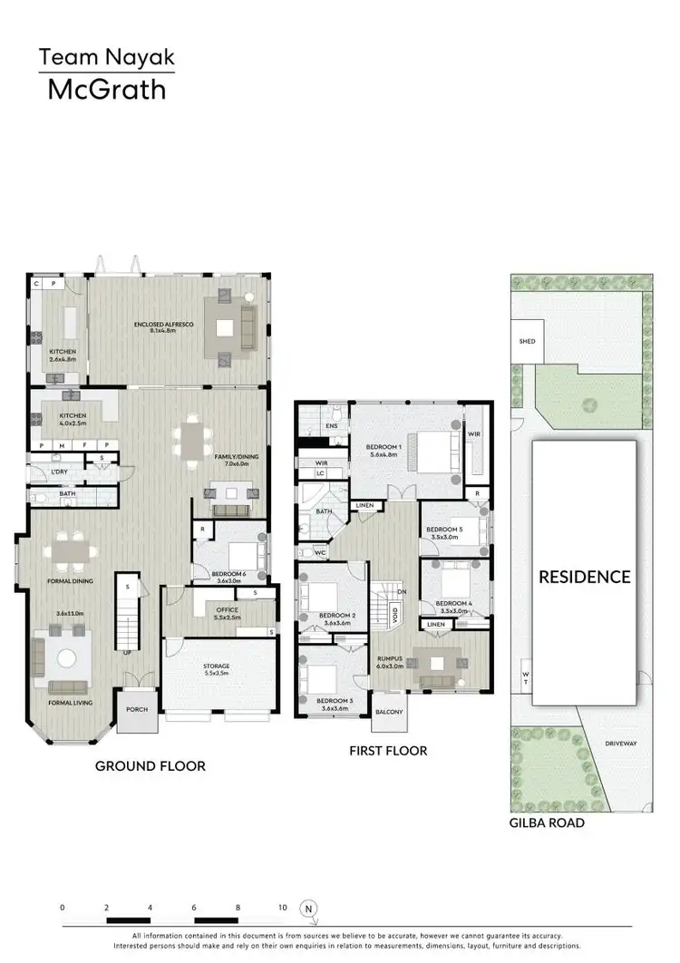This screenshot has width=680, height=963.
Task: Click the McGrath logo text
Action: (106, 90)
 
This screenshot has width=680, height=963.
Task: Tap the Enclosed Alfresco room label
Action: (160, 324)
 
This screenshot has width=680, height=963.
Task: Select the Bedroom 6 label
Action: (228, 574)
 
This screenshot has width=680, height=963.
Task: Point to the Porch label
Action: (137, 710)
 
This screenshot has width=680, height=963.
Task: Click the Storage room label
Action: (216, 666)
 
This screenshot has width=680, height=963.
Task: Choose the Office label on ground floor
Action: (220, 610)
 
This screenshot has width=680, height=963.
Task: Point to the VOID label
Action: (394, 615)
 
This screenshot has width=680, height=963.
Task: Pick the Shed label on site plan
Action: (527, 342)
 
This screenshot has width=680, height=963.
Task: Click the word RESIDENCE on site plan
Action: (585, 577)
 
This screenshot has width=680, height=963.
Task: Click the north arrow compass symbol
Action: (308, 908)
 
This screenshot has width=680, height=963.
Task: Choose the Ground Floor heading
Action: (151, 766)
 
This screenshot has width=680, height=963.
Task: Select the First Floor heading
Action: (388, 751)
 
